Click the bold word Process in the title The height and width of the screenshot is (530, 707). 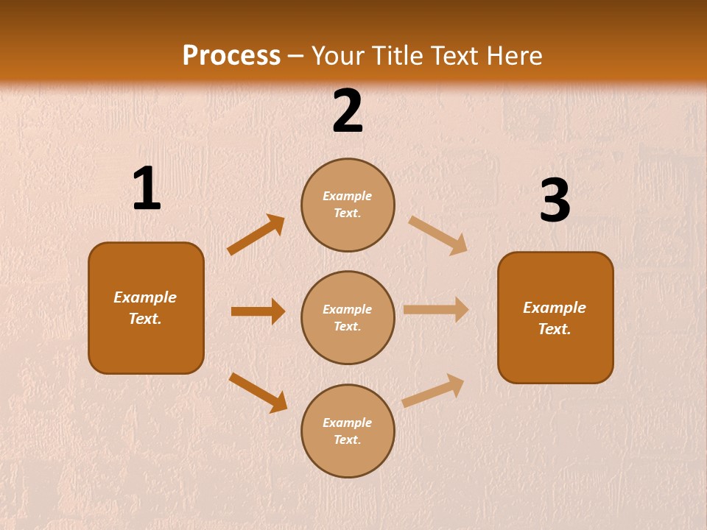click(x=231, y=56)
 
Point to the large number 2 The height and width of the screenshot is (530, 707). click(x=348, y=111)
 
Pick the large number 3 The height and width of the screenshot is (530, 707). click(x=555, y=201)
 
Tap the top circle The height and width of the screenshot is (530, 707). click(x=348, y=205)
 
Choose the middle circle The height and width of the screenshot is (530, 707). click(x=348, y=318)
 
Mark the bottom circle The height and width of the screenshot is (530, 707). click(x=348, y=431)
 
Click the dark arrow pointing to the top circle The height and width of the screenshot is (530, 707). click(x=256, y=235)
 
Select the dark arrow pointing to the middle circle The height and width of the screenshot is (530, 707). click(x=258, y=311)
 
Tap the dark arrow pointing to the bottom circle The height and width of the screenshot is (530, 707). click(x=258, y=392)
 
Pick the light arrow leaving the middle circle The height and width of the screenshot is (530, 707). click(x=436, y=309)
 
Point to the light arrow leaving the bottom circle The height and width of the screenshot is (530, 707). click(x=433, y=391)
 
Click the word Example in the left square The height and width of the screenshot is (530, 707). click(x=145, y=297)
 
